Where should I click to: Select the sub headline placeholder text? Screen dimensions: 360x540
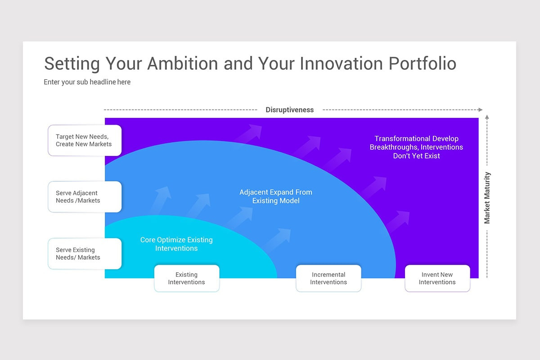tap(87, 82)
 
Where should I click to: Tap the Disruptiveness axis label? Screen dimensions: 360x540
tap(289, 110)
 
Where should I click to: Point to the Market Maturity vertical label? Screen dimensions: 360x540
tap(487, 198)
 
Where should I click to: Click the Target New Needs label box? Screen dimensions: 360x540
tap(85, 140)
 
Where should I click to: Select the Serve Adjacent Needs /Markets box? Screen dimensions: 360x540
tap(85, 197)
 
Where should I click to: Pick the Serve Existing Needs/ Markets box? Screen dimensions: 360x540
tap(85, 254)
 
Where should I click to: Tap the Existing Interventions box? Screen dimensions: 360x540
tap(187, 279)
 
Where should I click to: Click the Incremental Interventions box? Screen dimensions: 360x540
tap(328, 279)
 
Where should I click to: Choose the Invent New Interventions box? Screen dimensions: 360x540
tap(437, 279)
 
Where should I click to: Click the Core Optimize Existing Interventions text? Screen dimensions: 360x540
tap(176, 244)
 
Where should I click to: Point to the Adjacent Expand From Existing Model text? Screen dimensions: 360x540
tap(276, 196)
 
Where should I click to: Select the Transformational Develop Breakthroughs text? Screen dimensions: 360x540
tap(416, 147)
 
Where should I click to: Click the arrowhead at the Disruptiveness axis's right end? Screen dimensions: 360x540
tap(480, 110)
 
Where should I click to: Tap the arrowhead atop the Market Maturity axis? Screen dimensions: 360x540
tap(487, 117)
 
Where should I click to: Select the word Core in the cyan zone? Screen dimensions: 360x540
tap(148, 240)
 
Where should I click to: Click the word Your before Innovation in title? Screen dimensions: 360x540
tap(277, 63)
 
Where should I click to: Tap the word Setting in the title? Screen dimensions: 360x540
tap(72, 63)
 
